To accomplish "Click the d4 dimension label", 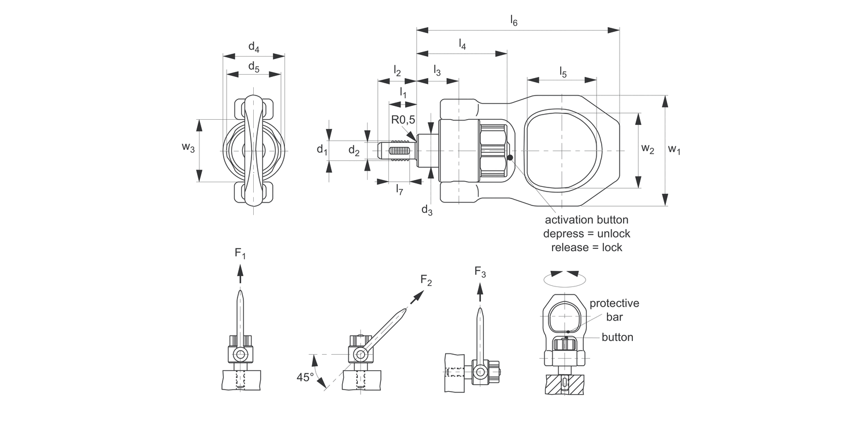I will (254, 47).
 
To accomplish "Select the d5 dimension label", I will (254, 67).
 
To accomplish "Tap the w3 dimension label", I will (188, 148).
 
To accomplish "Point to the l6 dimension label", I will (513, 20).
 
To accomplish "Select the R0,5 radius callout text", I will (403, 120).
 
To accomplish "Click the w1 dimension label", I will (675, 150).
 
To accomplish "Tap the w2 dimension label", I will (648, 149).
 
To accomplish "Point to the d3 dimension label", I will (427, 210).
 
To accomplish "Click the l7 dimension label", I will (399, 189).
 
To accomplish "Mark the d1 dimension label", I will (322, 150).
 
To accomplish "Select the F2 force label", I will (426, 281).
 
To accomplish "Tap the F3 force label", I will (480, 271).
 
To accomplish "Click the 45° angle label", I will (305, 377).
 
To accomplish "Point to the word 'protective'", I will (614, 303).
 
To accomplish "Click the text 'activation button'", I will (586, 220).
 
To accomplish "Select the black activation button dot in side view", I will (510, 157).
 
